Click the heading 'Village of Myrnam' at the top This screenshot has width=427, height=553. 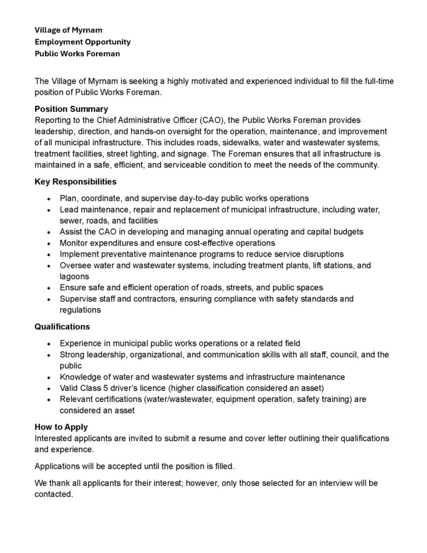click(69, 30)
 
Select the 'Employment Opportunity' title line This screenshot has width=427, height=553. click(83, 42)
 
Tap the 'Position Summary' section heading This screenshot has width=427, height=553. click(71, 109)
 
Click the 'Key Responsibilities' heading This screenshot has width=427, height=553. click(76, 181)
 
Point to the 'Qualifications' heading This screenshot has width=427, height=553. click(62, 327)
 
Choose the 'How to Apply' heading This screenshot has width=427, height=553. click(60, 427)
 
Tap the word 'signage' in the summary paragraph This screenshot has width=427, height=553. click(192, 153)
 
